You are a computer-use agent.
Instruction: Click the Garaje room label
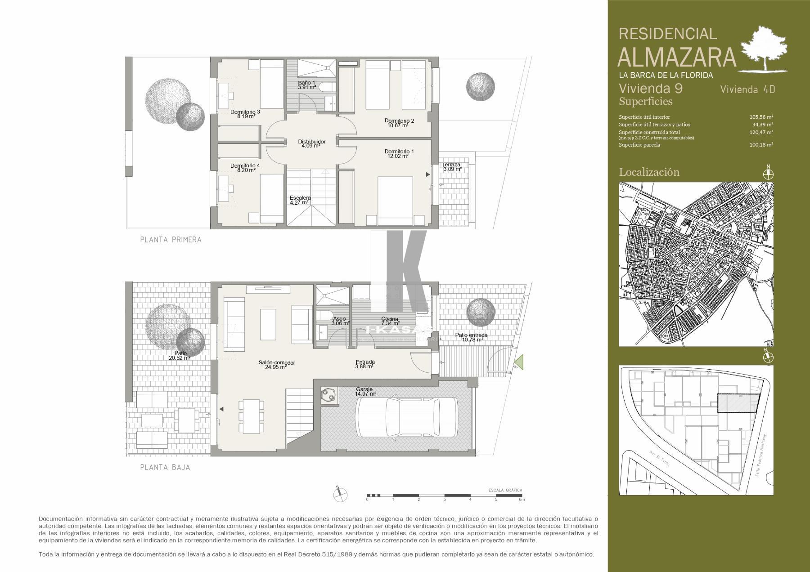point(364,392)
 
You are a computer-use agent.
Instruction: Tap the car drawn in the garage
point(406,417)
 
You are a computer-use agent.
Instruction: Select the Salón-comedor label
point(276,365)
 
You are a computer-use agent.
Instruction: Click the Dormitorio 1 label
point(399,154)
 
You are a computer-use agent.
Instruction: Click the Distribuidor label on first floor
point(311,143)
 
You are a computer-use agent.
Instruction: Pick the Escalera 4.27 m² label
point(300,200)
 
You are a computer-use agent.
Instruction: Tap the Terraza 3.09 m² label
point(451,167)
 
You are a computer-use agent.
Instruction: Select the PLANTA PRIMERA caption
point(171,240)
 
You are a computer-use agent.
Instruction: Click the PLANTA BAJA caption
point(165,467)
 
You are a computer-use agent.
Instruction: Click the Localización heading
point(649,172)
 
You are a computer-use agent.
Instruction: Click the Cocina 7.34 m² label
point(390,321)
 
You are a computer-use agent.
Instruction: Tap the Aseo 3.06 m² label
point(340,321)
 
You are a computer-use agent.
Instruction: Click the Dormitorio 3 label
point(245,114)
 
